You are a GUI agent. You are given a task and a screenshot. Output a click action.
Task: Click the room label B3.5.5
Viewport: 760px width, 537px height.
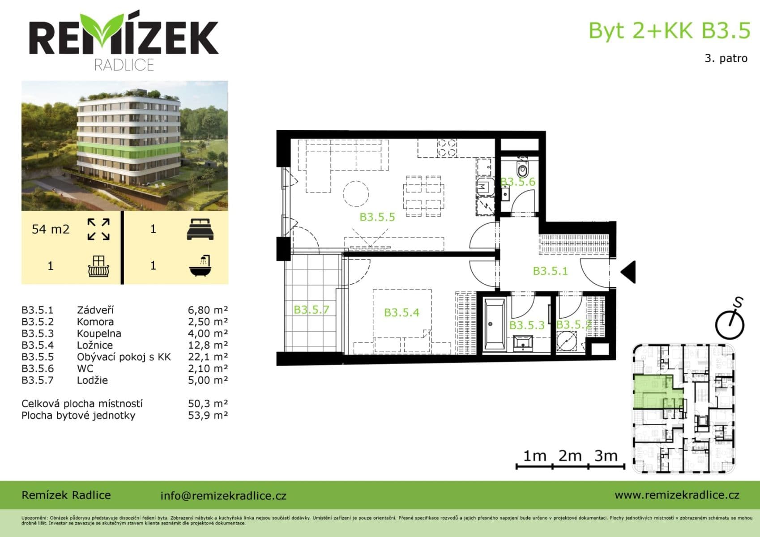pos(377,217)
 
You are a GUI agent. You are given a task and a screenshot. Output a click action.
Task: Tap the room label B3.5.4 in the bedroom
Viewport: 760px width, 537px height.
pos(401,312)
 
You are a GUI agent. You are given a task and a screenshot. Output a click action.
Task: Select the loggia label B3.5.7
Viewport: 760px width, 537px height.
pos(311,310)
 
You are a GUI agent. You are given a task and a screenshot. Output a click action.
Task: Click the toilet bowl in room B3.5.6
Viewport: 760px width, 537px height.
pos(522,170)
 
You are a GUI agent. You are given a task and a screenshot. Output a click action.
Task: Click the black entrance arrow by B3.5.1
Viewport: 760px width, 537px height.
pos(628,272)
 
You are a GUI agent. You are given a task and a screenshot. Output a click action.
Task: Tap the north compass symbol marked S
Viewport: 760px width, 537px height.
pos(730,320)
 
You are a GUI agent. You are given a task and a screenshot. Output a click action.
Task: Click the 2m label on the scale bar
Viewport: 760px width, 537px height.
pos(570,456)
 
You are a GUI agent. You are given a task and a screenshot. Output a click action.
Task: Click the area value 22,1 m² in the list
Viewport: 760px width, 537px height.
pos(208,357)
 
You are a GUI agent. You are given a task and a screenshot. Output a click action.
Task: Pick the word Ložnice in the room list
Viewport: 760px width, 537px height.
pos(94,345)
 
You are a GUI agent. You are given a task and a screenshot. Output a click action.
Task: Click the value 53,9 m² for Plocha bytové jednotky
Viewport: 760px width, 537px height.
pos(208,415)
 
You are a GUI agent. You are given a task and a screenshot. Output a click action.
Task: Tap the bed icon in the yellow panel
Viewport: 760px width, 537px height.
pos(200,229)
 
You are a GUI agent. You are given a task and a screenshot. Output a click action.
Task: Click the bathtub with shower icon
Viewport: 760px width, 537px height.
pos(200,265)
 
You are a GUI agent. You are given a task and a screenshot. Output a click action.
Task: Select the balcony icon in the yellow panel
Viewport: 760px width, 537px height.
pos(99,266)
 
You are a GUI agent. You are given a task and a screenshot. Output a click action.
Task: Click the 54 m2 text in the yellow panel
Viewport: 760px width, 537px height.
pos(51,230)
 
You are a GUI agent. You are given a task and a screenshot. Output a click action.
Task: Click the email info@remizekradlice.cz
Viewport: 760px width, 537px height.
pos(223,495)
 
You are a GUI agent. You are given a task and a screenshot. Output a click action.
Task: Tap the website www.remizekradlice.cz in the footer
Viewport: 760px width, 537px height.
pos(677,494)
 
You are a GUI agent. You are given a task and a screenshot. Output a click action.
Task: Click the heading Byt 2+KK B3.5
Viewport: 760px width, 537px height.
pos(669,30)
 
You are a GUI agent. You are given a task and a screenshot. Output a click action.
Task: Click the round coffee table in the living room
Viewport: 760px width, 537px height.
pos(356,193)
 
